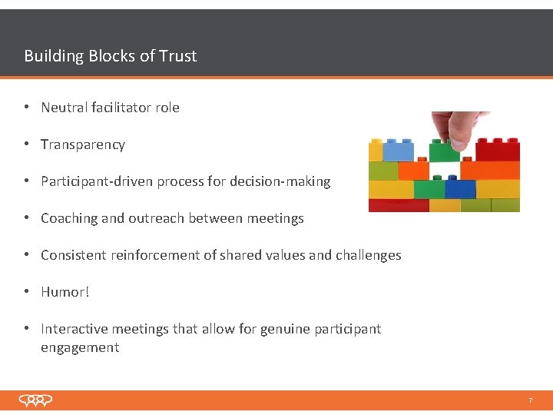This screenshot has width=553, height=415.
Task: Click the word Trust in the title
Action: click(x=177, y=56)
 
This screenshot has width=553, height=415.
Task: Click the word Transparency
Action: click(x=82, y=144)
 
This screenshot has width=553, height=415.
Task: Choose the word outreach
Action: click(x=154, y=218)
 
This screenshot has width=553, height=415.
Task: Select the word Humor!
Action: click(x=65, y=292)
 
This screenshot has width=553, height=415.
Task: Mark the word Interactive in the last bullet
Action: click(x=74, y=329)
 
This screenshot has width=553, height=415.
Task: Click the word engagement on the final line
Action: click(x=80, y=347)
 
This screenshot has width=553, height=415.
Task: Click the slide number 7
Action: click(x=530, y=400)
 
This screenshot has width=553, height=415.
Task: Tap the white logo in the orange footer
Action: click(x=36, y=400)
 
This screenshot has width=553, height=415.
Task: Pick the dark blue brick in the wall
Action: click(x=460, y=188)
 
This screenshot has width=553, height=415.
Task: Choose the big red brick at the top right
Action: click(x=497, y=149)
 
